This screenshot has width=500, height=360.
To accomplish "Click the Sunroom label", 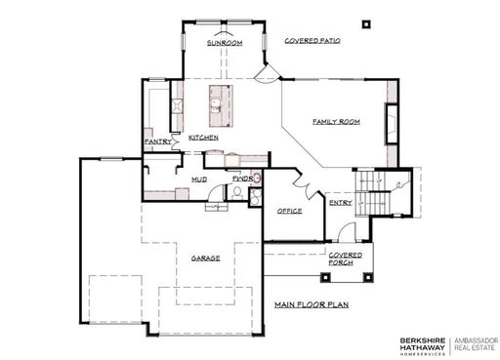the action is [x=225, y=43].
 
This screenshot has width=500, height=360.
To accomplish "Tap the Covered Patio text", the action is [x=312, y=41].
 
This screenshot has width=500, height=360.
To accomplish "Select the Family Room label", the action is [x=336, y=122].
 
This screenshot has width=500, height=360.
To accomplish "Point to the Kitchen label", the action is [x=203, y=138].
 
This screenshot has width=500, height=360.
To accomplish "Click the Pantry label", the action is [x=158, y=141].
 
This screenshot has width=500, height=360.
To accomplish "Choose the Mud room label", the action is [x=199, y=180].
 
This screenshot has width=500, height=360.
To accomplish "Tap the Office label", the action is [x=289, y=211].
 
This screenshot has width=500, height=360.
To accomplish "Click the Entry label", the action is [x=341, y=203].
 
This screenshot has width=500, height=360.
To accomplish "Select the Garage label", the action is [x=205, y=259].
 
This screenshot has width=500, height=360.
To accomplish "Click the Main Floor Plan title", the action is [x=312, y=304].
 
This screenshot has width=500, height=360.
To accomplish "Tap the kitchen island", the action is [x=221, y=106].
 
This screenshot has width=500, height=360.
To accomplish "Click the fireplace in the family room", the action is [x=393, y=124].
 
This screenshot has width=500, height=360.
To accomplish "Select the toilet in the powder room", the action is [x=237, y=192].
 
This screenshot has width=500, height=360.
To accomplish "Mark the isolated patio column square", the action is [x=366, y=24].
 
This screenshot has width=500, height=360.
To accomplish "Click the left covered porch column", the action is [x=325, y=277].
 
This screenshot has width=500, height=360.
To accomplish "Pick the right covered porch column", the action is [x=368, y=277].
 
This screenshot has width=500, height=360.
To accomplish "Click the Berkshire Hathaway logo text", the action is [x=423, y=346].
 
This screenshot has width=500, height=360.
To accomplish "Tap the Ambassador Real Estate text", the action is [x=477, y=344].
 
